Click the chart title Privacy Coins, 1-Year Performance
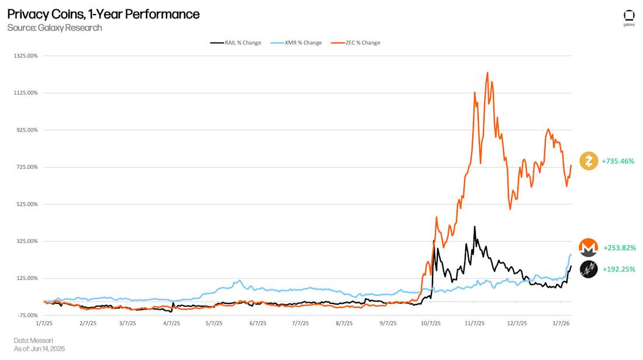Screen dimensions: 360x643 point(103,14)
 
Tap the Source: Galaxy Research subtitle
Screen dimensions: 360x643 point(54,28)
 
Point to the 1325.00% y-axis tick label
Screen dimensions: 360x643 point(26,56)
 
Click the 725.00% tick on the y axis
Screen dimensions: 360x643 point(27,167)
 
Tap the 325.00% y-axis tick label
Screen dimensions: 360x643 point(27,241)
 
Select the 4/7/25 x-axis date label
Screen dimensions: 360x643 point(171,323)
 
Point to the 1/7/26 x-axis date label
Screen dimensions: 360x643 point(560,323)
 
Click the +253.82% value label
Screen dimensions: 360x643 point(619,248)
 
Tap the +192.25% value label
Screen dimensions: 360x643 point(618,269)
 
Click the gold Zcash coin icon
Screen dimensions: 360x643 point(589,161)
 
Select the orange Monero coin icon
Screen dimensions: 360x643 point(589,248)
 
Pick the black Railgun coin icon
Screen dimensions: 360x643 point(589,269)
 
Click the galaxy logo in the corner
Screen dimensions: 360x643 point(629,18)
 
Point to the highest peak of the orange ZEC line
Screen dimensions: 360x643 point(487,73)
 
